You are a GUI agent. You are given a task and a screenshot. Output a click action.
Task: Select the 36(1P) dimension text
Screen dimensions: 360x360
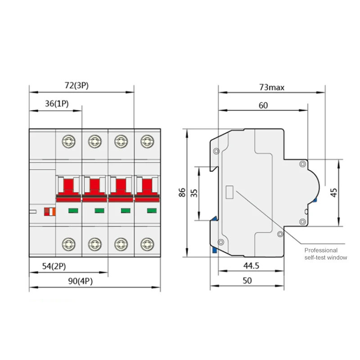coord(57,103)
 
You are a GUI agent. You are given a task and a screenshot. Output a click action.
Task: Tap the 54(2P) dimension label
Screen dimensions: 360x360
coord(54,266)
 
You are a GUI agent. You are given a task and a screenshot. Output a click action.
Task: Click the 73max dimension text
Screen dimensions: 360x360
coord(272,87)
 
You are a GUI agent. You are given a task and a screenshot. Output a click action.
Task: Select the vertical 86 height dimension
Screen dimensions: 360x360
coord(182,193)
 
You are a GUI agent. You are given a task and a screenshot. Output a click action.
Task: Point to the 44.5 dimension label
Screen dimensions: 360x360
coord(251,266)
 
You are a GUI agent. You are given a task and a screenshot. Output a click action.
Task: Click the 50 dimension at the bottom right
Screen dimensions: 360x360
coord(247,280)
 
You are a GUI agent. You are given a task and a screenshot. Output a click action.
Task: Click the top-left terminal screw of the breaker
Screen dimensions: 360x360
coord(68,141)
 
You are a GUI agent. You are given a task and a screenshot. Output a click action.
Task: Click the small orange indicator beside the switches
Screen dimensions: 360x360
coord(48,211)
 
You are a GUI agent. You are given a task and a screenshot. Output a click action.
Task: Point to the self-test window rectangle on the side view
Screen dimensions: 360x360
coord(229,192)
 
